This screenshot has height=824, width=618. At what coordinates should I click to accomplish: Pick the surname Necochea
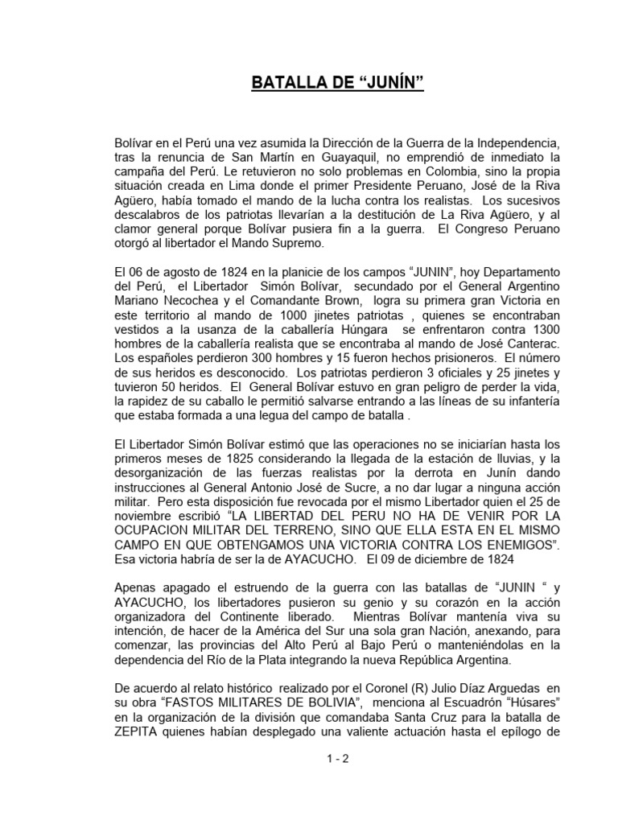click(x=181, y=300)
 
